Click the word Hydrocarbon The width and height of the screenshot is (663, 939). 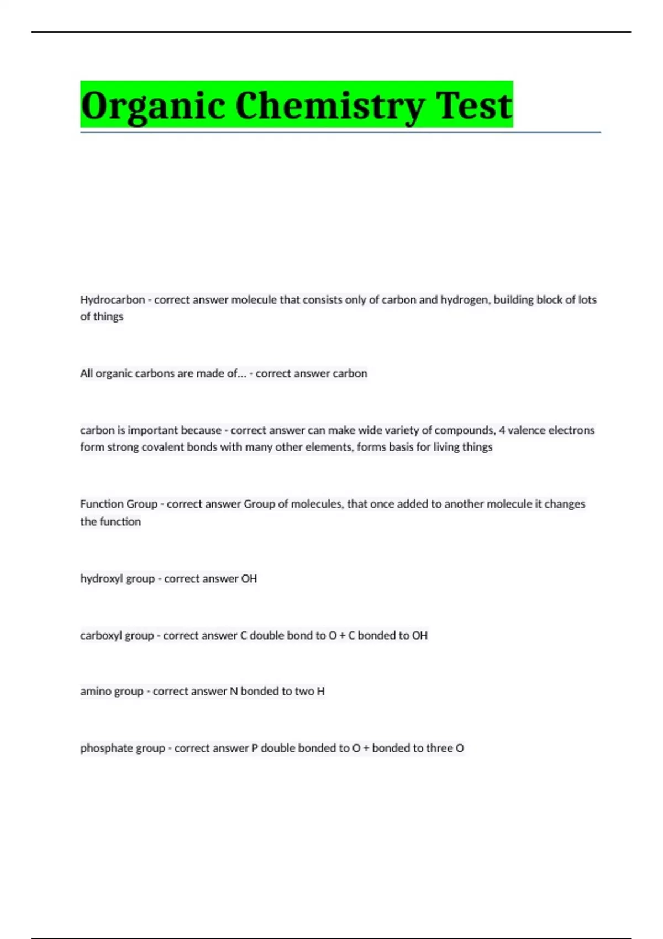[x=113, y=300]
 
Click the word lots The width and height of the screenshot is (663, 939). [x=587, y=300]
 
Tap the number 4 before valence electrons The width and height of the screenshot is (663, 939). [x=502, y=430]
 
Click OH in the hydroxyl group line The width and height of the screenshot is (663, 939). [x=249, y=579]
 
